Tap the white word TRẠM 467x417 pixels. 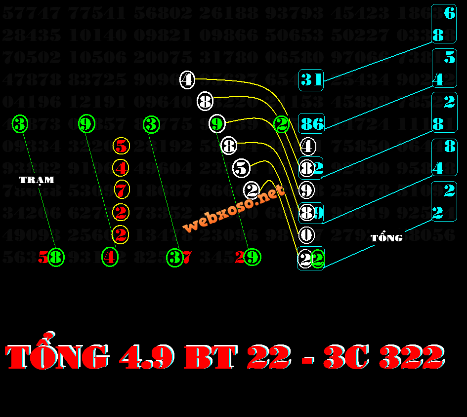point(37,180)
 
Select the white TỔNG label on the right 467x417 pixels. point(386,238)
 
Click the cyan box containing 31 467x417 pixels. point(311,80)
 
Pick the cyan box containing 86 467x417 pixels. point(311,123)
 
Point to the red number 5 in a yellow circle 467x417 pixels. point(121,146)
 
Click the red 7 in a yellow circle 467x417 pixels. point(121,190)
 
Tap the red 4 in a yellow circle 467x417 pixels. point(121,168)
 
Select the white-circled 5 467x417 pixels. point(241,168)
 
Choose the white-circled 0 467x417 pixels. point(306,235)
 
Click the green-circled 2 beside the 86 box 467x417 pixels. point(282,124)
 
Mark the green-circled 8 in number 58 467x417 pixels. point(56,257)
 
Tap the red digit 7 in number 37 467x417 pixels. point(187,257)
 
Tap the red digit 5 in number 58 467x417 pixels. point(43,257)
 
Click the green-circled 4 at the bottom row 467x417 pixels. point(110,257)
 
